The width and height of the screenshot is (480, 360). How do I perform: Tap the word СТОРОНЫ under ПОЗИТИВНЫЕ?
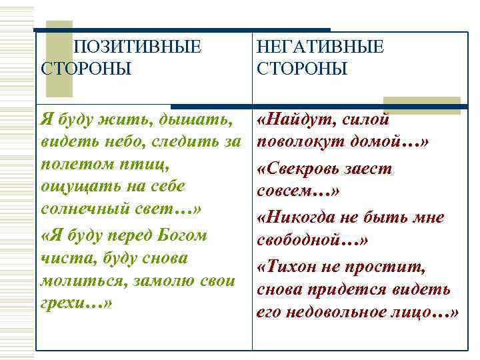86,69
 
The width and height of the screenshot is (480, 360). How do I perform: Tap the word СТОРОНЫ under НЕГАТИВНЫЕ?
302,69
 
